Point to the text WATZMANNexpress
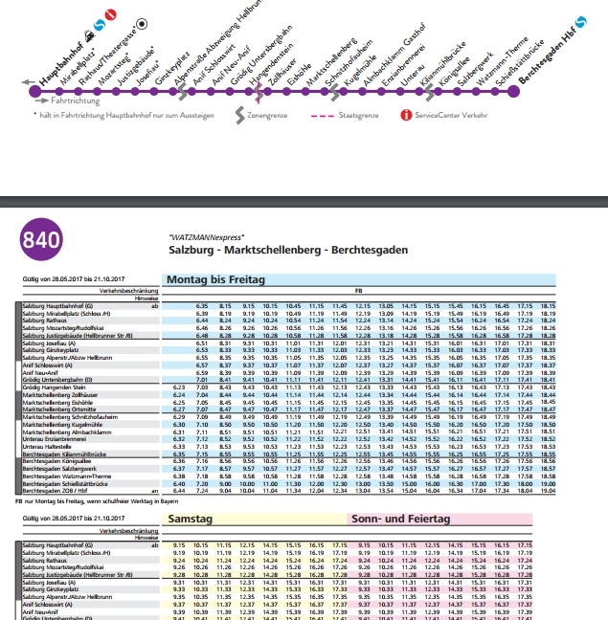(206, 236)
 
